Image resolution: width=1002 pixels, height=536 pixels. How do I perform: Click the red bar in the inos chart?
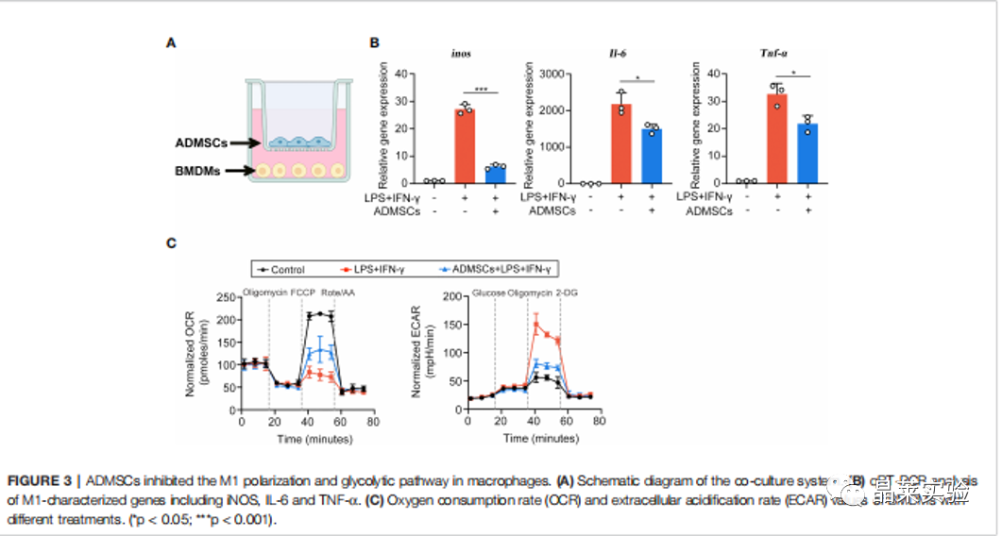click(x=463, y=146)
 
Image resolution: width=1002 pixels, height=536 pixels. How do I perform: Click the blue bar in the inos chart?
click(x=496, y=175)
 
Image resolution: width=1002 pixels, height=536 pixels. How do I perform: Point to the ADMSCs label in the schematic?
click(x=201, y=143)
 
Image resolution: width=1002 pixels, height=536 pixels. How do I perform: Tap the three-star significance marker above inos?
click(x=481, y=90)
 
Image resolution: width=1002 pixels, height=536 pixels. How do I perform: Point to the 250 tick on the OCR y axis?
click(x=225, y=296)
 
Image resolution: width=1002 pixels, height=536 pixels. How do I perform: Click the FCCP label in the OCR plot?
click(x=304, y=292)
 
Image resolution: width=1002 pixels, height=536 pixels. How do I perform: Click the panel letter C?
click(x=171, y=243)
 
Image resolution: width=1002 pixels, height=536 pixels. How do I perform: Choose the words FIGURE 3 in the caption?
click(x=38, y=480)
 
